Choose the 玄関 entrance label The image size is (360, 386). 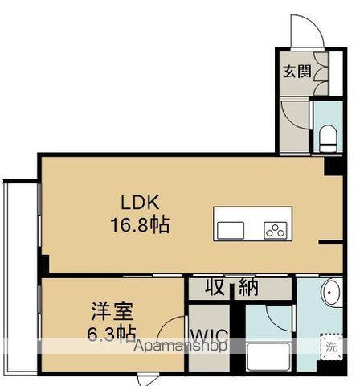point(296,71)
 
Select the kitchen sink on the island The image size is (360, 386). point(231,229)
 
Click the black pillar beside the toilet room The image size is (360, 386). point(329,167)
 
